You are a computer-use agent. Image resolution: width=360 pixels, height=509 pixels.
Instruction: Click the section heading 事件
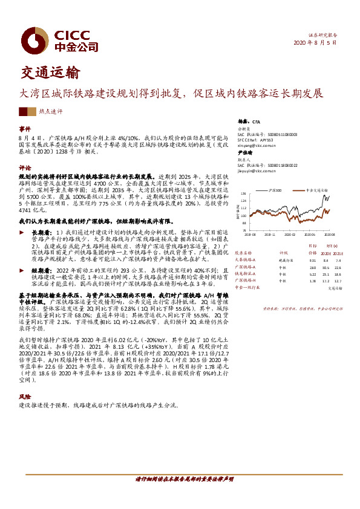point(25,129)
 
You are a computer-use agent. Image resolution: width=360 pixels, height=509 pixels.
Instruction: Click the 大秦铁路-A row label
point(246,260)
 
